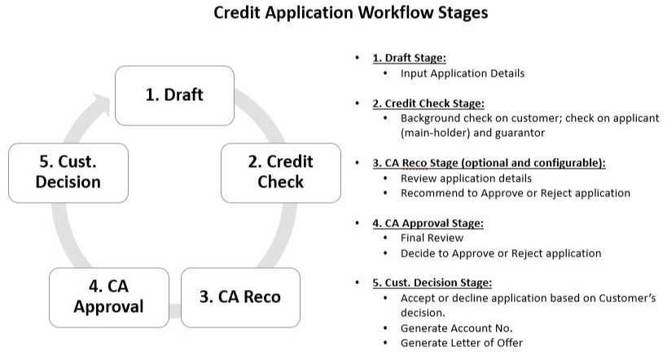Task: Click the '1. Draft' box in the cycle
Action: (x=174, y=94)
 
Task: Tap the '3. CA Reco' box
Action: (x=239, y=296)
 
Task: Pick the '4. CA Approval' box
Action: (x=108, y=296)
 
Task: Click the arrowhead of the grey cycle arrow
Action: (x=101, y=106)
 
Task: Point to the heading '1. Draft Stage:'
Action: (x=409, y=59)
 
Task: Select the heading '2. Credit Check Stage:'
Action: (x=428, y=103)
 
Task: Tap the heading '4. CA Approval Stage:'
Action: (x=427, y=223)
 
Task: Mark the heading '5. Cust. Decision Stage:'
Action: (x=432, y=283)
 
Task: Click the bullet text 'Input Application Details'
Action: (x=462, y=73)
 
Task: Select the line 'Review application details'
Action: (x=466, y=178)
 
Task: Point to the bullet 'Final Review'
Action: (x=432, y=239)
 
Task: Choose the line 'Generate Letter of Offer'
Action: (x=461, y=343)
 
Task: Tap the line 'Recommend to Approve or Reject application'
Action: (x=515, y=193)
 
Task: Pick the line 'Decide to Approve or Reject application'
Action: (x=500, y=253)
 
